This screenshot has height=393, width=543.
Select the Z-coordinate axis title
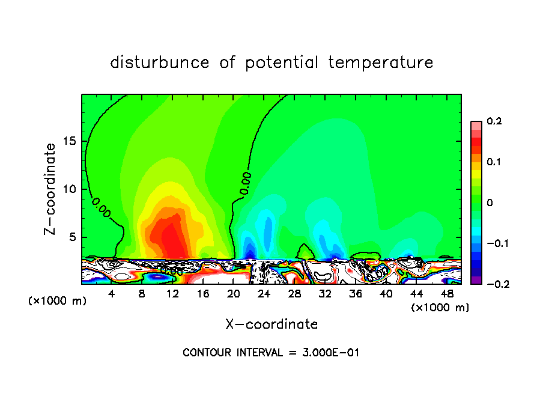click(x=51, y=189)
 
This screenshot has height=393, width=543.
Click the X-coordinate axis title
click(x=271, y=324)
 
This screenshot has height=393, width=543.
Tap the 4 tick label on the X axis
click(x=112, y=294)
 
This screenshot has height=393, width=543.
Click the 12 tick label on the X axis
click(x=173, y=294)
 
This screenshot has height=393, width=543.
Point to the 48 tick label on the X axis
click(x=446, y=294)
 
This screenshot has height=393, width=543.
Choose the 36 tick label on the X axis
click(x=356, y=294)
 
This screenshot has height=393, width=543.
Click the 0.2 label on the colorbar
click(x=494, y=121)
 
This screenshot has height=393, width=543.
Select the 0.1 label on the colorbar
click(x=494, y=162)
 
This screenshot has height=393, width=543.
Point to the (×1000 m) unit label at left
click(x=58, y=301)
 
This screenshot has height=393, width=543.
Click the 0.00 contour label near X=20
click(x=245, y=183)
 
